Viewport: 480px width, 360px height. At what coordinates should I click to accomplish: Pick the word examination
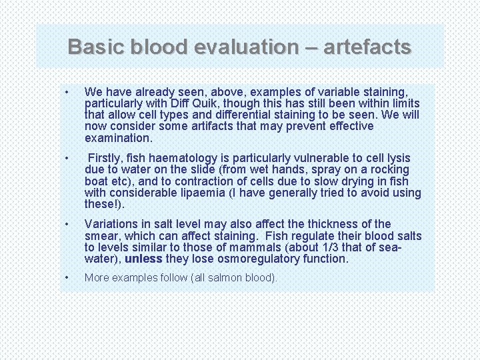[119, 139]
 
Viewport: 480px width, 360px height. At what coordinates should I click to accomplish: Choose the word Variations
[113, 224]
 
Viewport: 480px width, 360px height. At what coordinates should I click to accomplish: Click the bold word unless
[143, 259]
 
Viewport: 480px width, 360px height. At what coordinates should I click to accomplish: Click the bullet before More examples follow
[67, 277]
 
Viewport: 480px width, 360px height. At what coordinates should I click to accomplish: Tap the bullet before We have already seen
[67, 91]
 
